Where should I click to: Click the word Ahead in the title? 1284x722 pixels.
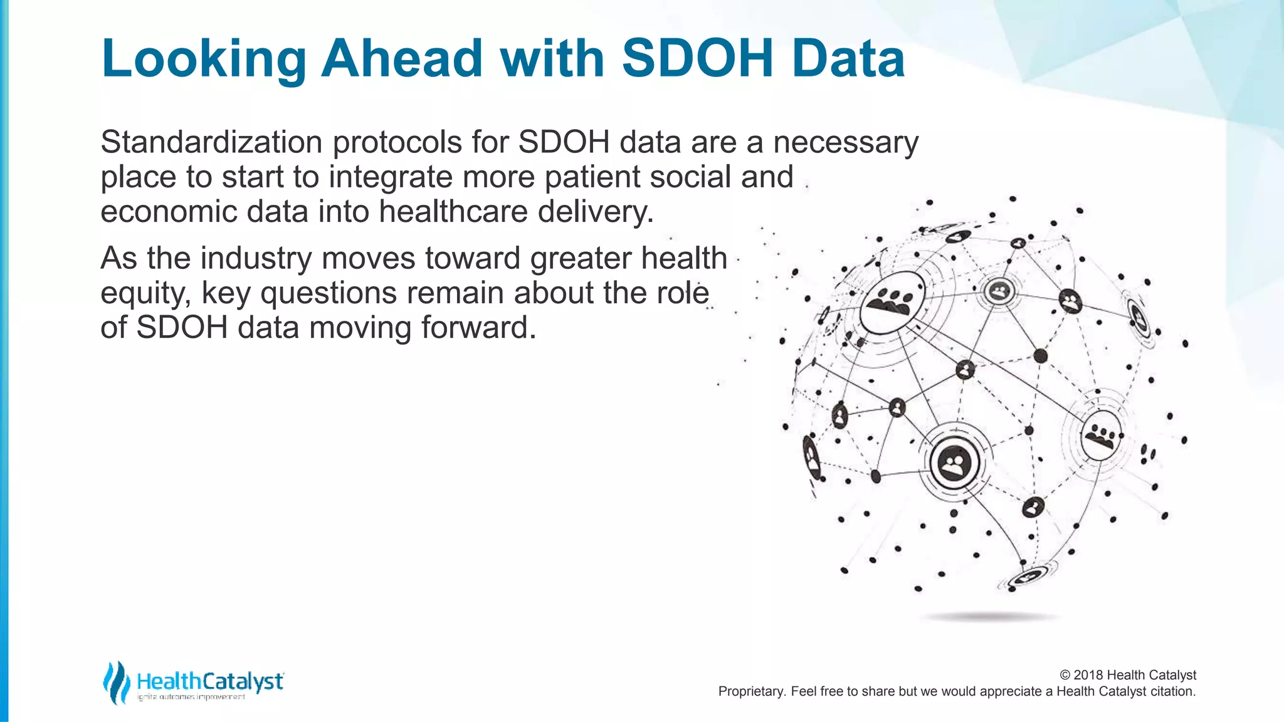point(401,58)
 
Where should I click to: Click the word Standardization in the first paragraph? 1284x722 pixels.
point(211,142)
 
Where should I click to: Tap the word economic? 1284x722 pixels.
point(168,212)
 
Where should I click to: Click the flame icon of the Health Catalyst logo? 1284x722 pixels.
point(116,683)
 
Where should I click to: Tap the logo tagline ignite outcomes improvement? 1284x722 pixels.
point(191,698)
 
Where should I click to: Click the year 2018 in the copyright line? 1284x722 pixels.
point(1088,675)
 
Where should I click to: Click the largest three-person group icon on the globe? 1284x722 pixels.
point(891,302)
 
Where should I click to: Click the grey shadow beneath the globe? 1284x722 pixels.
point(989,617)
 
